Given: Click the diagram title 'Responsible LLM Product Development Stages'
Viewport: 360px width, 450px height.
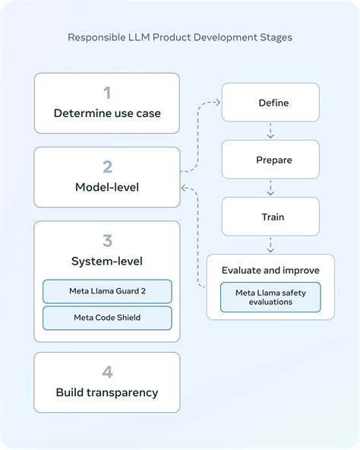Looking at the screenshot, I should pyautogui.click(x=180, y=36).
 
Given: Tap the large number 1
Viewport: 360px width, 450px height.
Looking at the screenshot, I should pyautogui.click(x=107, y=93).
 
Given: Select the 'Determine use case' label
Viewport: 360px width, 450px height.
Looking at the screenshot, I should pyautogui.click(x=107, y=114).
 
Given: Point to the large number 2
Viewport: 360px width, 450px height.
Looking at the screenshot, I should pyautogui.click(x=107, y=166).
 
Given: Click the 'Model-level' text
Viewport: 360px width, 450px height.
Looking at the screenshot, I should pyautogui.click(x=107, y=187).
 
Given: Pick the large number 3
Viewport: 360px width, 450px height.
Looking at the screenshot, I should pyautogui.click(x=107, y=241).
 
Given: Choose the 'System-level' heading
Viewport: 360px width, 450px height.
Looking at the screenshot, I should pyautogui.click(x=107, y=261).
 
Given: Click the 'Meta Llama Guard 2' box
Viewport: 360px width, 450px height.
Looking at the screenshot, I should pyautogui.click(x=107, y=291).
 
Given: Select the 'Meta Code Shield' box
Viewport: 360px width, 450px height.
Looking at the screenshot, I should pyautogui.click(x=107, y=318).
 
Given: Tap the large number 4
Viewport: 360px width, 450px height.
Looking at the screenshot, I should pyautogui.click(x=107, y=372).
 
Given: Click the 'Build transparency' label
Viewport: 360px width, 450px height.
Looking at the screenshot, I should pyautogui.click(x=107, y=393).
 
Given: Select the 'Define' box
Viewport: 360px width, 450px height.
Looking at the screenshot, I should pyautogui.click(x=270, y=103).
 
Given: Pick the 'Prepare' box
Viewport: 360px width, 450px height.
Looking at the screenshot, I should pyautogui.click(x=270, y=160).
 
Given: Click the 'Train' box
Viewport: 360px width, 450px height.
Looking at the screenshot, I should pyautogui.click(x=270, y=217).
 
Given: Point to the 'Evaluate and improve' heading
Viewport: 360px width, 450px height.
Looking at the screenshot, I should pyautogui.click(x=270, y=270).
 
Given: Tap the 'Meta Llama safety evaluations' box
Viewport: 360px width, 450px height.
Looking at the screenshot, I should pyautogui.click(x=270, y=296).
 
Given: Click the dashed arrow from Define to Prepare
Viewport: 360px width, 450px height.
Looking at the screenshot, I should pyautogui.click(x=270, y=131).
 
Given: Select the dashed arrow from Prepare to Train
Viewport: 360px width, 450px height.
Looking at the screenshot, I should pyautogui.click(x=270, y=188).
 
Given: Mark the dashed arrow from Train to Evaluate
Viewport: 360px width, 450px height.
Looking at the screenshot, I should pyautogui.click(x=270, y=245).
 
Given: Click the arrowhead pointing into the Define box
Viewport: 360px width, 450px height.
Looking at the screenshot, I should pyautogui.click(x=217, y=103).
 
